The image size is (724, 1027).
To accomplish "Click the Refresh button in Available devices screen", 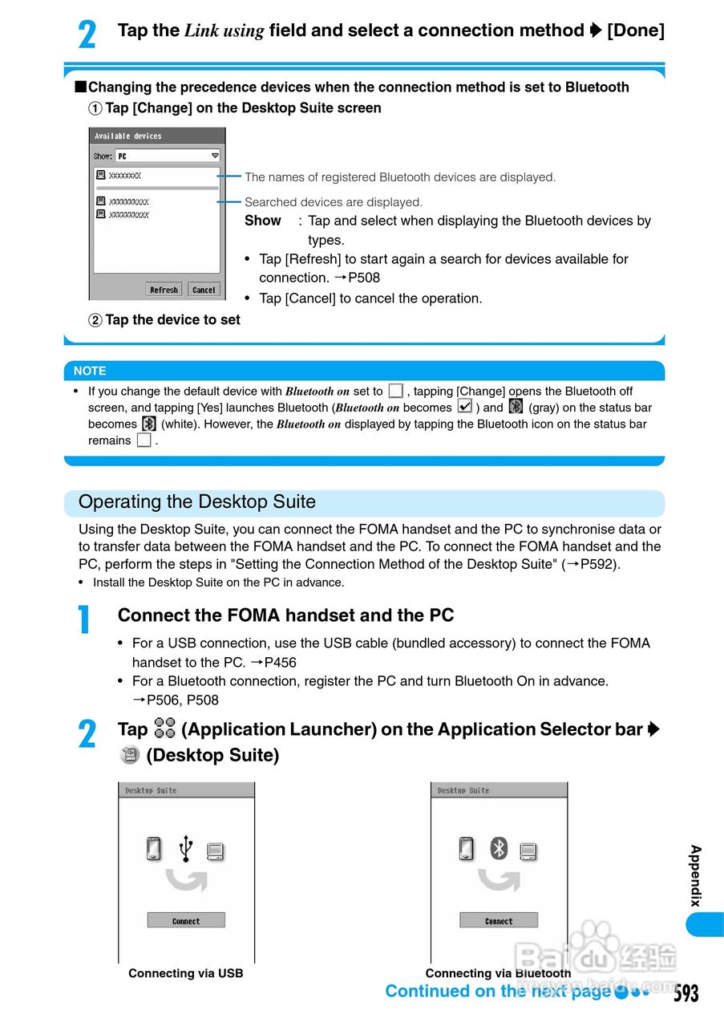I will (x=164, y=290).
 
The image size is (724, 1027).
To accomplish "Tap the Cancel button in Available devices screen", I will (x=204, y=290).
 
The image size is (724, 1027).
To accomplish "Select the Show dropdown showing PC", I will (x=168, y=156).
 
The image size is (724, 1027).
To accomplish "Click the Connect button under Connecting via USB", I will (x=186, y=920).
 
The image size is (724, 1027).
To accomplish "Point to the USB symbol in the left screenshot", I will (x=186, y=847).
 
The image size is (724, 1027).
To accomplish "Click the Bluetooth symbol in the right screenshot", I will (x=499, y=847).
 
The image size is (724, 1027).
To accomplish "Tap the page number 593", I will (x=686, y=993).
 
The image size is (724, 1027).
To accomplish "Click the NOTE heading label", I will (x=90, y=371).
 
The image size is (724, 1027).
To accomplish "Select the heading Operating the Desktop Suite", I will (x=197, y=502).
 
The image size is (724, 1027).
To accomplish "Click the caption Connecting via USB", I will (x=186, y=973).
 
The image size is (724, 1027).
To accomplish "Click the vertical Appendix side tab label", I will (x=695, y=875).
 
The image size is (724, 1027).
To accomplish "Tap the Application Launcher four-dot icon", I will (x=164, y=729).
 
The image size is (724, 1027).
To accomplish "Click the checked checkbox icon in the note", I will (x=464, y=407).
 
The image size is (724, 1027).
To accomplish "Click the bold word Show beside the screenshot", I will (x=263, y=221).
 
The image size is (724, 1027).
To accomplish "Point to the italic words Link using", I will (x=224, y=31).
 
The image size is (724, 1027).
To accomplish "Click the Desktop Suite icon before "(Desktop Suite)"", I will (x=128, y=755).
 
